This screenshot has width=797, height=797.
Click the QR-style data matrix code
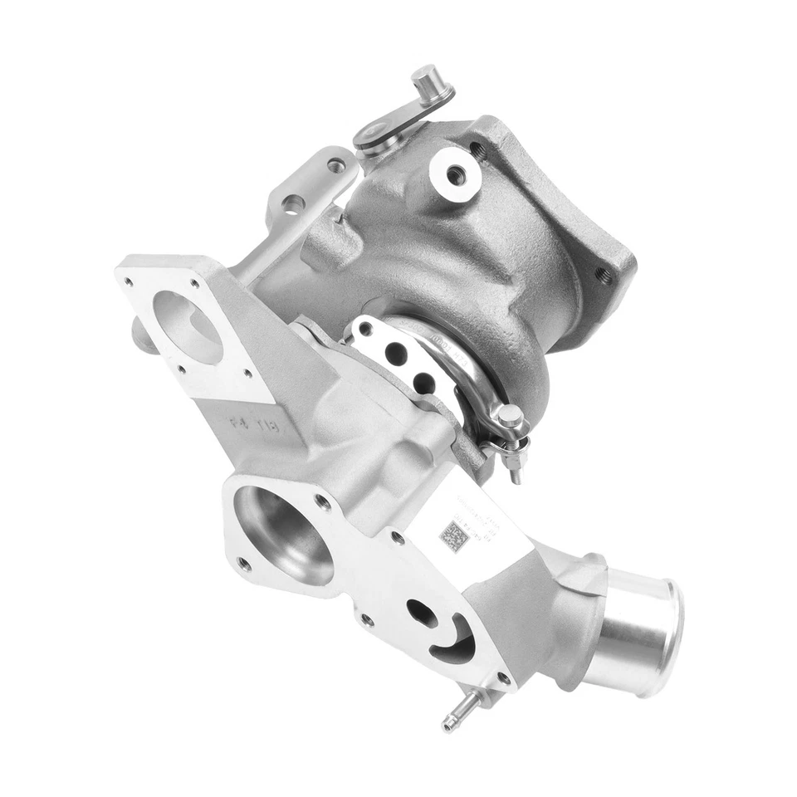[454, 535]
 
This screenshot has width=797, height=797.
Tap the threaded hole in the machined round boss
[456, 174]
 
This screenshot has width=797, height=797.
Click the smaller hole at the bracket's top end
[336, 166]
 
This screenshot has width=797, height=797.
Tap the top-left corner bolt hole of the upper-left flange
[129, 282]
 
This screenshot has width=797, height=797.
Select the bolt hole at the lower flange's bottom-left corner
[243, 564]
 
